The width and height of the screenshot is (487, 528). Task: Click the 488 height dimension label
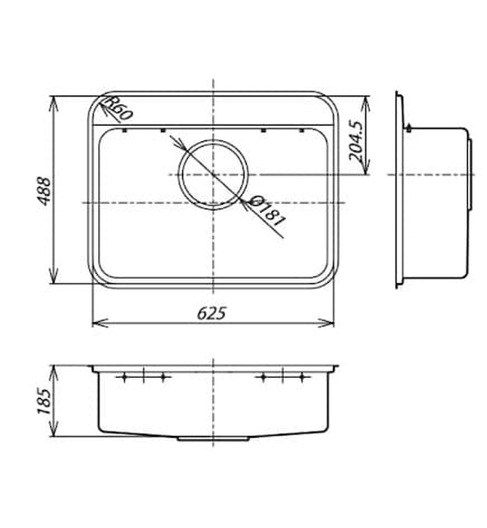point(44,191)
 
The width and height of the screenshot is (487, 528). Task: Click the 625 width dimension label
point(211,314)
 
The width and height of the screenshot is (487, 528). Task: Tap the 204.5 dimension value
point(356,140)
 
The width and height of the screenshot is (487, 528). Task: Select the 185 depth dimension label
point(44,401)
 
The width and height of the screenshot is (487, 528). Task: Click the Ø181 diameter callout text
point(268,211)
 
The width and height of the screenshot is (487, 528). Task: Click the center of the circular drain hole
point(213,174)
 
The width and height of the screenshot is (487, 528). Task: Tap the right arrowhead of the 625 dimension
point(326,324)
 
